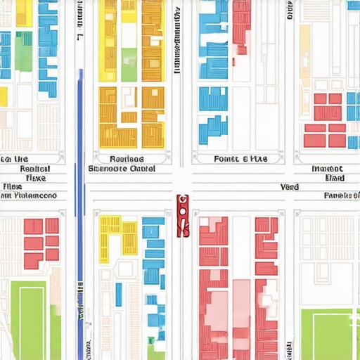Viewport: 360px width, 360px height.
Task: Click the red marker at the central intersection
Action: pos(183,216)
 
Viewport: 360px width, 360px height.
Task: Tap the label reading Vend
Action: pos(289,187)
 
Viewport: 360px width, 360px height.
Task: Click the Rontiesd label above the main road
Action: pos(127,159)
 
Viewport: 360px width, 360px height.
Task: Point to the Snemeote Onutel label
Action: pos(122,169)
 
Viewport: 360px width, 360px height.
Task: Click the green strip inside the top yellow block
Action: pos(129,64)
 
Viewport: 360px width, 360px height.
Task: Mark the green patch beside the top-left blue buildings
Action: pos(23,51)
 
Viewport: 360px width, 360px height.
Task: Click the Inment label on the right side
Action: pos(328,169)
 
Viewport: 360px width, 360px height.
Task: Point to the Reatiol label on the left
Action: pos(34,169)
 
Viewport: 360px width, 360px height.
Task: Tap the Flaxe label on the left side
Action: pos(34,178)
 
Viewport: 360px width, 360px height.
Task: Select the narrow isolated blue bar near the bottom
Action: pos(119,295)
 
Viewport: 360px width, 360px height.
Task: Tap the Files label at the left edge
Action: pos(11,187)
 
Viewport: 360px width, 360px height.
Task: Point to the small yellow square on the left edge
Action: pos(3,96)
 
